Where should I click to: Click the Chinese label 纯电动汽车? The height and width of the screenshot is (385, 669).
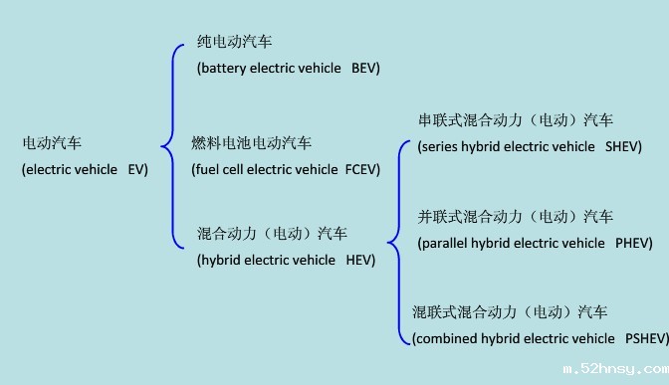tap(235, 42)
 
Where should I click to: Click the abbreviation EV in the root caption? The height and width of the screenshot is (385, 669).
tap(137, 169)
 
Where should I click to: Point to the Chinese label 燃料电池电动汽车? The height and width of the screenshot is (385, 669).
tap(251, 143)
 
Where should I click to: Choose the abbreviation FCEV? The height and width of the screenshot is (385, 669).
tap(362, 169)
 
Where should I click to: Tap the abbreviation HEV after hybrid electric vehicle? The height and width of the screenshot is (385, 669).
tap(360, 261)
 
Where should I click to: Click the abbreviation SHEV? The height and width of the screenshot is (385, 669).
tap(623, 146)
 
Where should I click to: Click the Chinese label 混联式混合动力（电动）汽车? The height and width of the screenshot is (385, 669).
tap(510, 312)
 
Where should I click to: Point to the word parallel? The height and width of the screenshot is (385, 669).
tap(447, 243)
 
